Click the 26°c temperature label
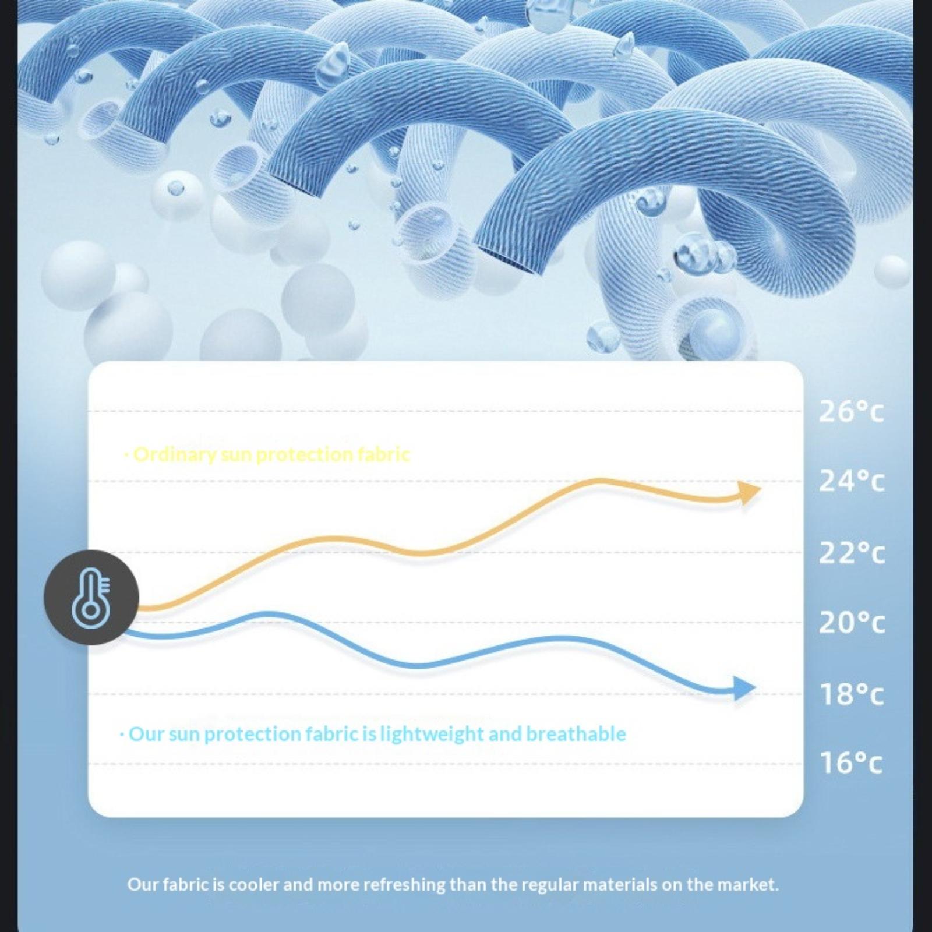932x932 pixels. tap(851, 411)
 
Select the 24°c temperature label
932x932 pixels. tap(851, 481)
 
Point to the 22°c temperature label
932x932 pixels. tap(851, 553)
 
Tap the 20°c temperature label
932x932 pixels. tap(851, 623)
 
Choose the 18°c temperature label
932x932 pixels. tap(851, 694)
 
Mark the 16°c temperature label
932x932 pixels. tap(851, 762)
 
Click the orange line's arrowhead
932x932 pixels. tap(749, 492)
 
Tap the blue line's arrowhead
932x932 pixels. tap(744, 688)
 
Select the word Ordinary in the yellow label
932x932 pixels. tap(175, 454)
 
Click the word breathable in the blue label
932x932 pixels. tap(576, 734)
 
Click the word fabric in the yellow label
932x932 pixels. tap(383, 454)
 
